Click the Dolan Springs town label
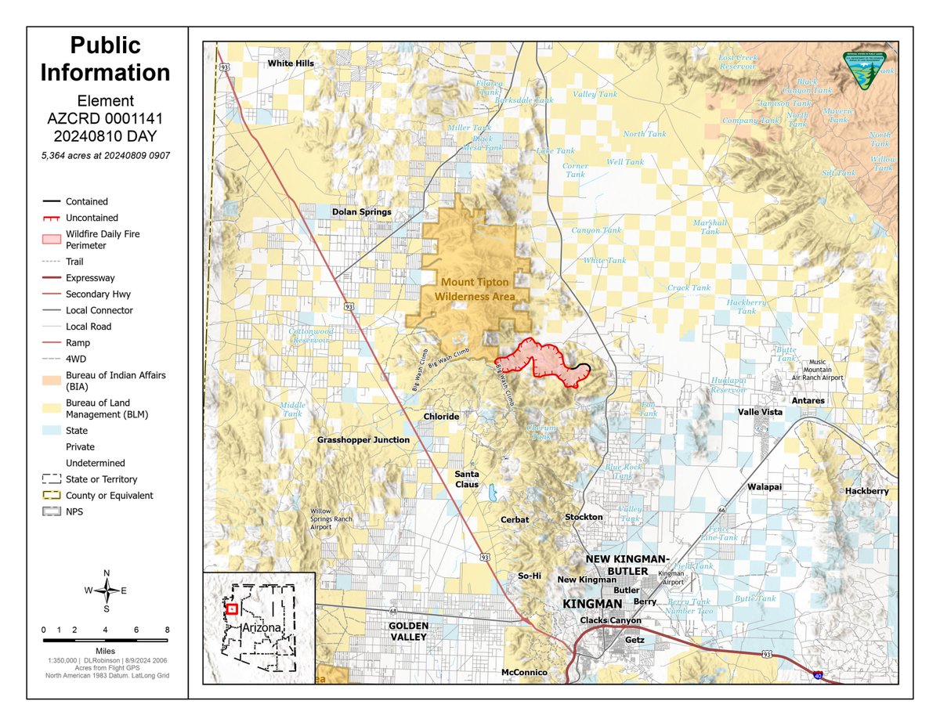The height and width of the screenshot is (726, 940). (x=361, y=212)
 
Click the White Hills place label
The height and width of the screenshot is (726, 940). (x=291, y=63)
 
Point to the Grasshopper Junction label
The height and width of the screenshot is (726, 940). (x=363, y=440)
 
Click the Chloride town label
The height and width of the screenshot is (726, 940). (x=441, y=417)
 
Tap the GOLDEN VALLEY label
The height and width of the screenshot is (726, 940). (x=409, y=631)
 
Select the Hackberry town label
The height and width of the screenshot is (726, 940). (x=866, y=491)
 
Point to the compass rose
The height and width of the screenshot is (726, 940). (x=107, y=591)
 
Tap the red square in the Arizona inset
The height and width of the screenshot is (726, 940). (x=231, y=609)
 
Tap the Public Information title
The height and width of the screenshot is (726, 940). (x=105, y=59)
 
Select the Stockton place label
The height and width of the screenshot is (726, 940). (x=584, y=517)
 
